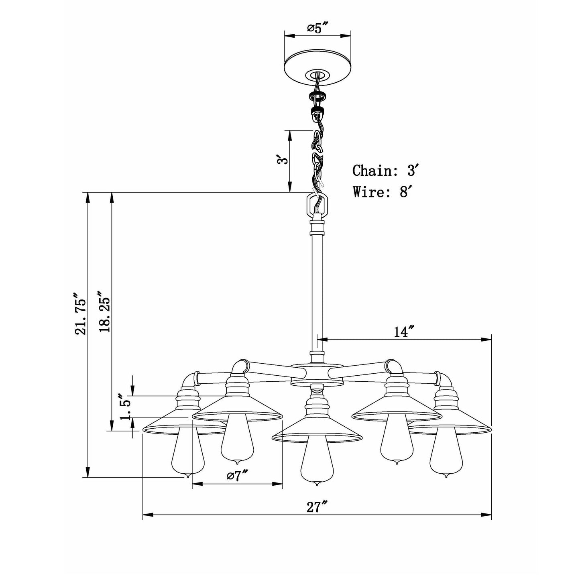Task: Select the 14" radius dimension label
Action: pyautogui.click(x=403, y=332)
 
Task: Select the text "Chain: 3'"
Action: pyautogui.click(x=386, y=171)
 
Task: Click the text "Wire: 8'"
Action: pyautogui.click(x=381, y=192)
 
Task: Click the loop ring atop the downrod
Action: pyautogui.click(x=317, y=206)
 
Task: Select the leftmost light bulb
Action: pyautogui.click(x=187, y=454)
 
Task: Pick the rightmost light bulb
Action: pyautogui.click(x=446, y=454)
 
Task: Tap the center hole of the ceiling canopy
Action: pyautogui.click(x=317, y=75)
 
